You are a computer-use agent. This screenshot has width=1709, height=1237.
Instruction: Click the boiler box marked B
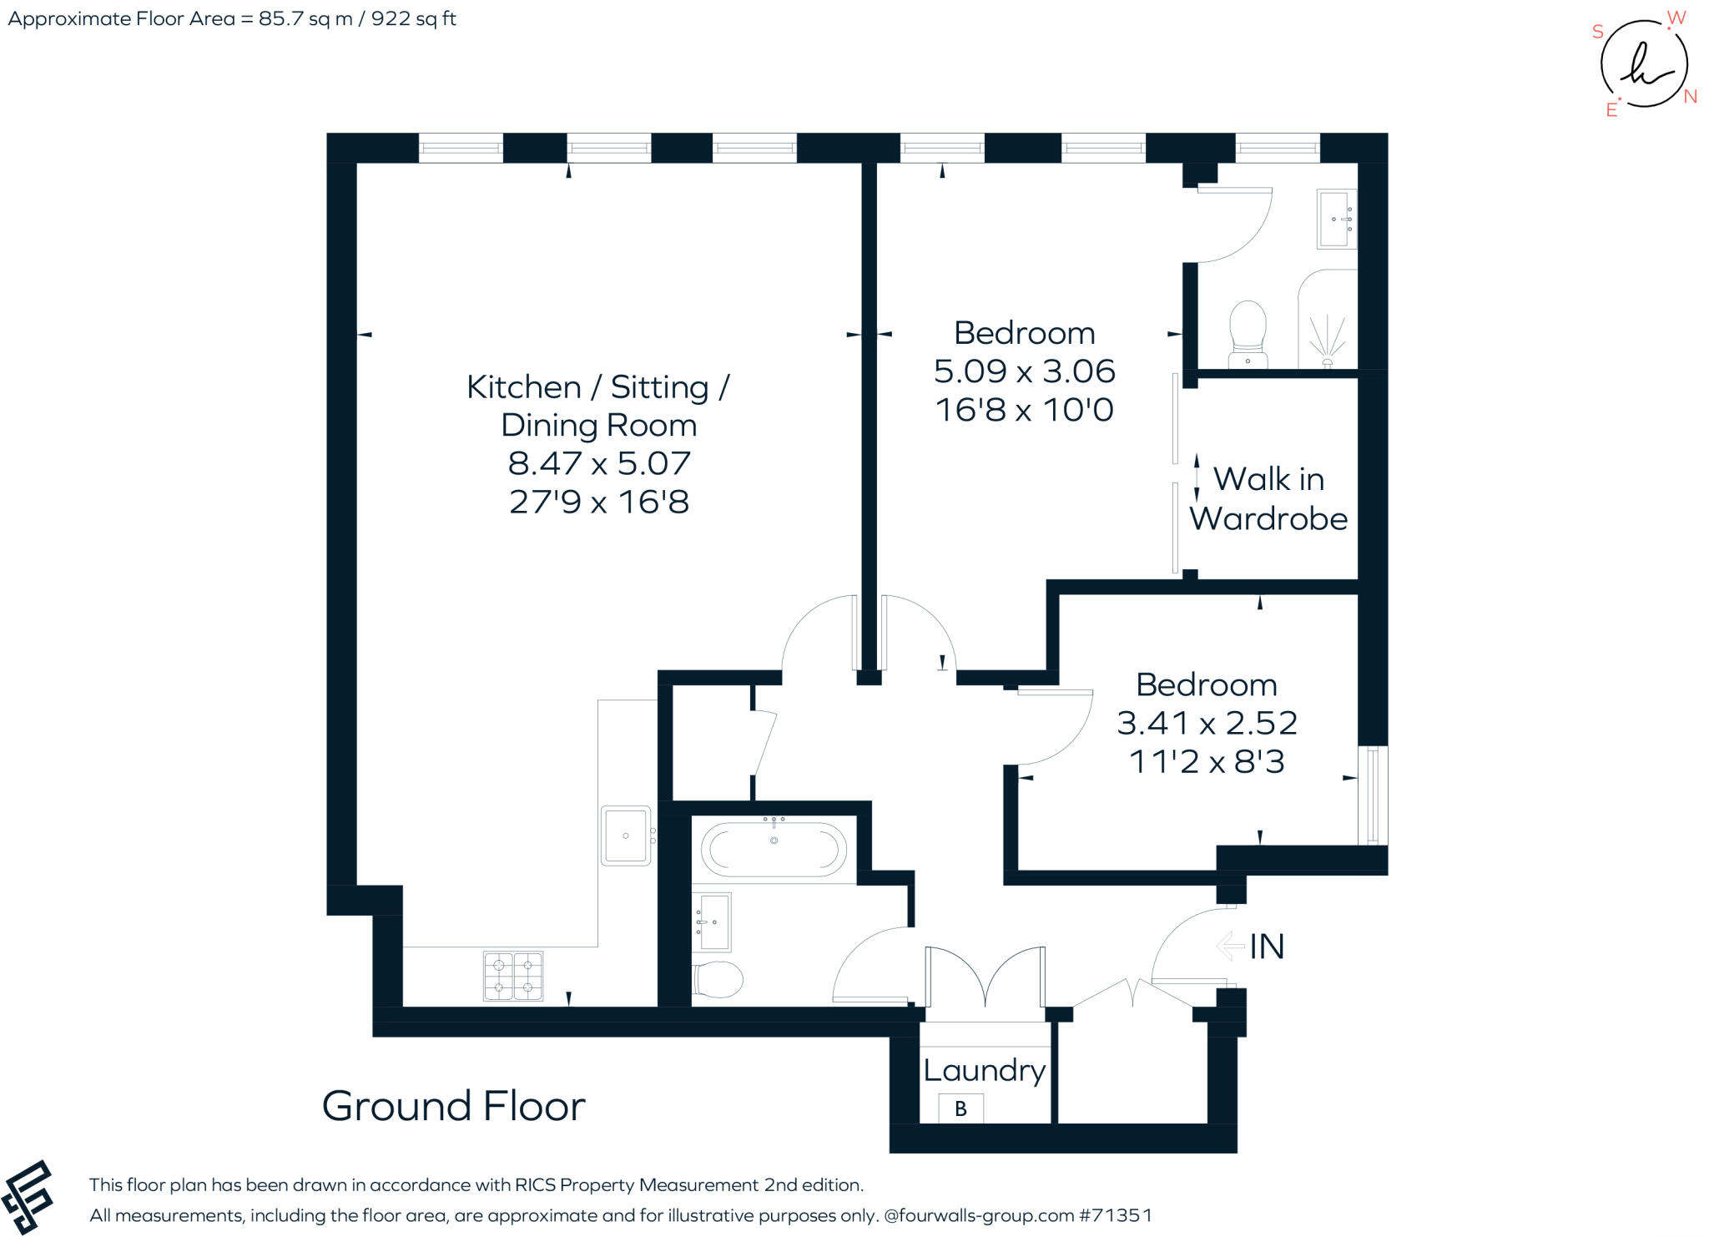pos(960,1108)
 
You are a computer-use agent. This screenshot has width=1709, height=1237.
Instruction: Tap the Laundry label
pos(984,1070)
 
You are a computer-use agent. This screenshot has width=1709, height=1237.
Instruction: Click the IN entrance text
pos(1266,947)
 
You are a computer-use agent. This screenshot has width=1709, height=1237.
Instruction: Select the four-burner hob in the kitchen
pos(513,976)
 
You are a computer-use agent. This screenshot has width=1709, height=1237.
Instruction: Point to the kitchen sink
pos(625,836)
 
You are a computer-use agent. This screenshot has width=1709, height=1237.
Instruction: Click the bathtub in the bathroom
pos(774,849)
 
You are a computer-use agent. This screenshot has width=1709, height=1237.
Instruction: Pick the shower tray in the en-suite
pos(1328,321)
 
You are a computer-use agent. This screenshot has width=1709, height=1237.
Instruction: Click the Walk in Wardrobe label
pos(1268,499)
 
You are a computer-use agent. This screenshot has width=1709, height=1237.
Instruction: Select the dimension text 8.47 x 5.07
pos(599,463)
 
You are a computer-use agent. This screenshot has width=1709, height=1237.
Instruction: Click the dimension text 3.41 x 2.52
pos(1207,723)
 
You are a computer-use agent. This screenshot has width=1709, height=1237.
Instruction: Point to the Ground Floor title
pos(453,1106)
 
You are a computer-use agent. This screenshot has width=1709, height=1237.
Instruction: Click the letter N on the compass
pos(1690,97)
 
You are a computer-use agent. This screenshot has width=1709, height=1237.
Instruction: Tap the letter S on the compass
pos(1597,32)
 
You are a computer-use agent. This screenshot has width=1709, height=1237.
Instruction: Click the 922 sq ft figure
pos(413,18)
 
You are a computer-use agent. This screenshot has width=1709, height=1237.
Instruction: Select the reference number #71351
pos(1116,1215)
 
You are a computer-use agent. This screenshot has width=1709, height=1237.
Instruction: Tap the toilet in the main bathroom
pos(718,979)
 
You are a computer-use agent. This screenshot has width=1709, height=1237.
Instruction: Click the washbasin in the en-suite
pos(1335,219)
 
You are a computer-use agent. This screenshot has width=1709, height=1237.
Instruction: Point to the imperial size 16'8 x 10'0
pos(1024,411)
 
